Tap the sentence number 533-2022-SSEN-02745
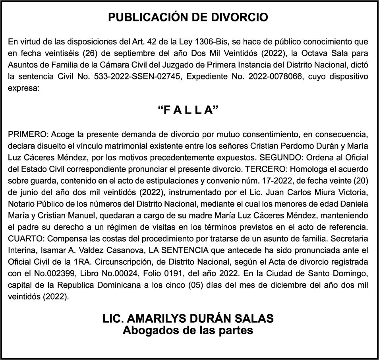[129, 76]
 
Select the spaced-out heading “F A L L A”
[189, 110]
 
